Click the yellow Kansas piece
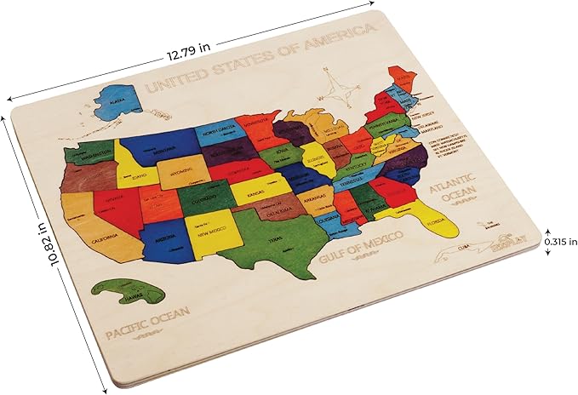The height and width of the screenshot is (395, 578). [x=255, y=194]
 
